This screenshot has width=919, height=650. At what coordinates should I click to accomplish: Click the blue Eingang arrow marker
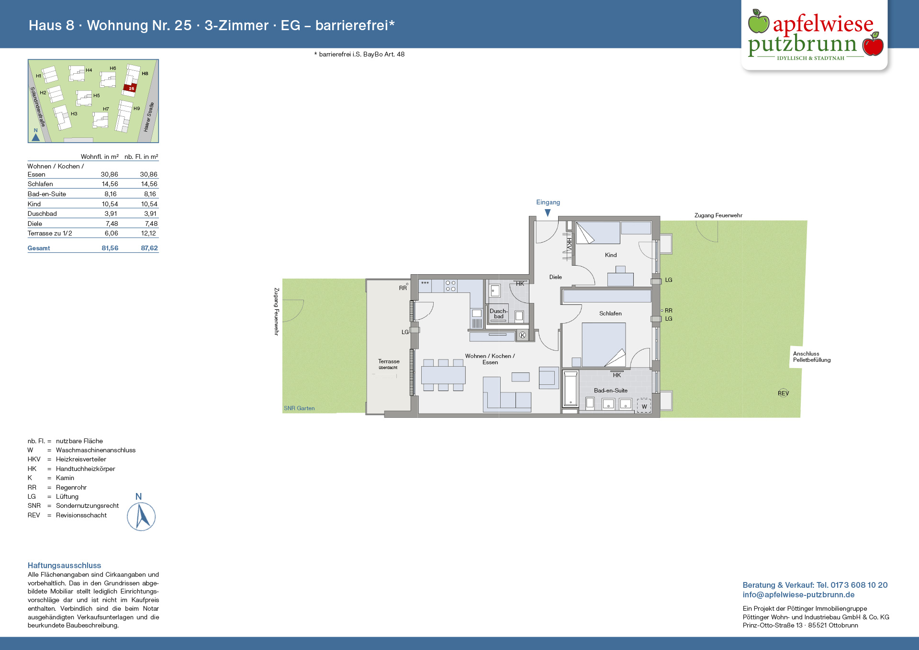coord(548,213)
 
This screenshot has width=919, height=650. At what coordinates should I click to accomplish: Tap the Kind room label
coord(611,255)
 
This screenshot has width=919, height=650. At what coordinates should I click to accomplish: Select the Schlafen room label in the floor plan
coord(610,314)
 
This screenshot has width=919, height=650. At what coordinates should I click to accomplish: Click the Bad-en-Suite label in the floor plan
coord(610,391)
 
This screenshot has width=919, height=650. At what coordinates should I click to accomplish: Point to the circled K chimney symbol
coord(523,336)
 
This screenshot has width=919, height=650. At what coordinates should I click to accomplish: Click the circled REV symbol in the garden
coord(783,393)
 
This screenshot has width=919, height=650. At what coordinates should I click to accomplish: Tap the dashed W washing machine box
coord(644,405)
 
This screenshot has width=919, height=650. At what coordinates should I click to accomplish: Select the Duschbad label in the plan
coord(499,314)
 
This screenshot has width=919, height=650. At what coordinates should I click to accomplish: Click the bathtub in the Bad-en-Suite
coord(570,389)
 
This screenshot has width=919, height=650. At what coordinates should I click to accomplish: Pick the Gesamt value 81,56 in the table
coord(110,248)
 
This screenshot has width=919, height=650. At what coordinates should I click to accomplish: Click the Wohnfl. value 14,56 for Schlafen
coord(110,184)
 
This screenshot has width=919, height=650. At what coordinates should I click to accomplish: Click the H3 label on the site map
coord(74,114)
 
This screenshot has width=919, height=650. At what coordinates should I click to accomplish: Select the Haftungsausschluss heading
coord(64,565)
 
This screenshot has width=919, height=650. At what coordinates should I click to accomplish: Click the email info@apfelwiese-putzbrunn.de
coord(798,594)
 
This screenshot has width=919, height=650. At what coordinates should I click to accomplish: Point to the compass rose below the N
coord(141,516)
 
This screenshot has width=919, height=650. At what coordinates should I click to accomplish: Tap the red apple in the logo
coord(873,44)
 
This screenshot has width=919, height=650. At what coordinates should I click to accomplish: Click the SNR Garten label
coord(299,408)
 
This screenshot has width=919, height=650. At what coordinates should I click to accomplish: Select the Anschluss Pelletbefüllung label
coord(812,357)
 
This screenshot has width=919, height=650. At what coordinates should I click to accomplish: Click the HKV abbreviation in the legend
coord(34,459)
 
